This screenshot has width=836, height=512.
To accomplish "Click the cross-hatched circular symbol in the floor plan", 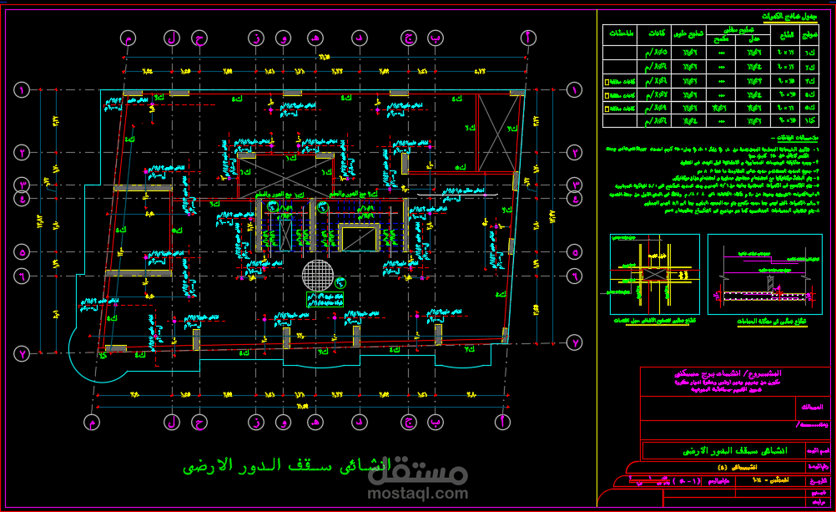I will (x=317, y=273).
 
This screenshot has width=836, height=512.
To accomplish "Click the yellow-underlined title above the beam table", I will (x=790, y=16).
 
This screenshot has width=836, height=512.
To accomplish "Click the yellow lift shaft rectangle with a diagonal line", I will (x=359, y=239).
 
